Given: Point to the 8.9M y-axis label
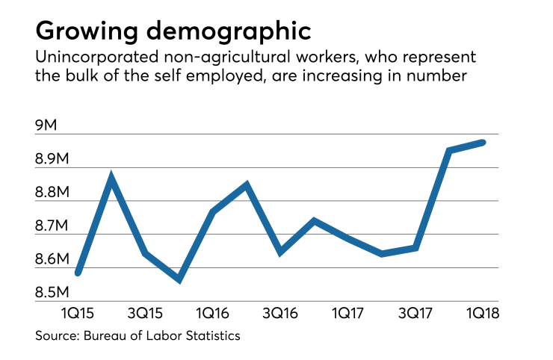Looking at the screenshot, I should (x=55, y=160).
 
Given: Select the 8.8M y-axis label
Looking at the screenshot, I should (x=55, y=193).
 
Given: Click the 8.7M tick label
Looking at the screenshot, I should (x=55, y=226).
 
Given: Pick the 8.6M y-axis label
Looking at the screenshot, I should (x=55, y=260).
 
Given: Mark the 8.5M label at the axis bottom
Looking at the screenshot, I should (x=55, y=293).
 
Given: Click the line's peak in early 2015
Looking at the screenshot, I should (x=111, y=178).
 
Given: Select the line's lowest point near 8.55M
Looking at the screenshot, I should (x=179, y=279).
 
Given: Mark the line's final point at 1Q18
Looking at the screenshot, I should (x=482, y=142).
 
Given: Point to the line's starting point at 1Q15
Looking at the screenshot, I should (x=78, y=273).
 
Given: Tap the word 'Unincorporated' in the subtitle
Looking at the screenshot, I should (x=83, y=58).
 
